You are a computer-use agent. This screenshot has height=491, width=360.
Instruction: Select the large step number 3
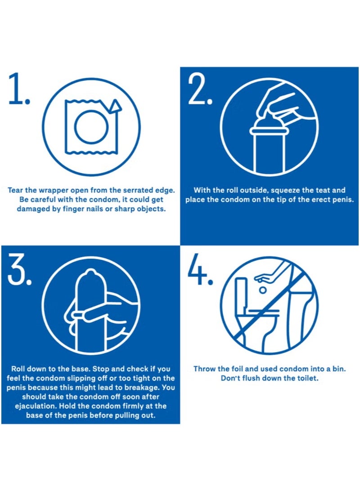(x=19, y=269)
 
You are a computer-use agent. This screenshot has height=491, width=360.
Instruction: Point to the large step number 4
(x=200, y=269)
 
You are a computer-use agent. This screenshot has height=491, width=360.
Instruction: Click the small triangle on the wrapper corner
(x=116, y=106)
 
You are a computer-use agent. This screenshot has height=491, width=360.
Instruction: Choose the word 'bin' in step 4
(x=339, y=369)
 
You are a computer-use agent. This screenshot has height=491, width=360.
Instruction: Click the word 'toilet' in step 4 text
(x=307, y=378)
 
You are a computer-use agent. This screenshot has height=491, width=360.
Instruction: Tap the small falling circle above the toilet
(x=264, y=290)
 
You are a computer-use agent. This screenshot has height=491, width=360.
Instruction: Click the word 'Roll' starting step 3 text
(x=18, y=369)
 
